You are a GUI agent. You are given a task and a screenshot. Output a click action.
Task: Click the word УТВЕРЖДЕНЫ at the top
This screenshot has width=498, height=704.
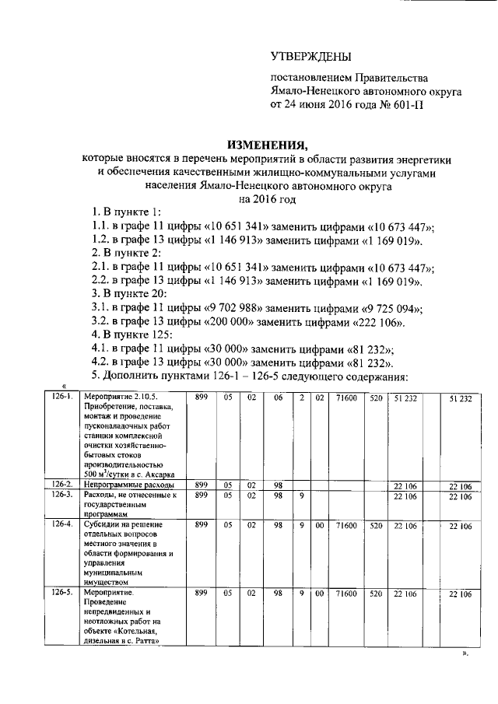pos(310,57)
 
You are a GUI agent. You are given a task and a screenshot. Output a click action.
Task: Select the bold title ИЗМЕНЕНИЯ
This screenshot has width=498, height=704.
pos(267,144)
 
